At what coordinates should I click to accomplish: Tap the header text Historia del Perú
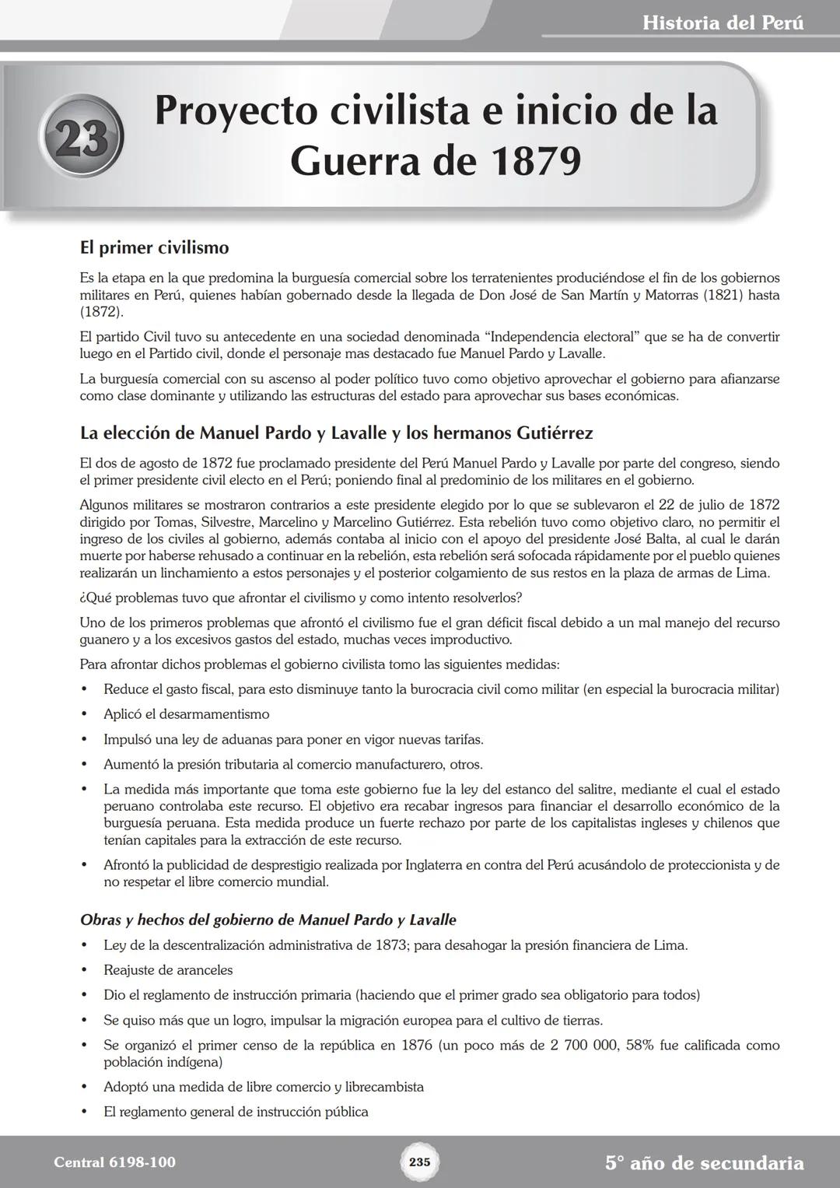[x=723, y=23]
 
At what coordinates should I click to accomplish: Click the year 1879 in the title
[x=536, y=161]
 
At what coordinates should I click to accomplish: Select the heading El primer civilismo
[x=154, y=248]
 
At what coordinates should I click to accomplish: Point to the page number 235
[x=419, y=1162]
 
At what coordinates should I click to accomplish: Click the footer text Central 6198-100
[x=114, y=1162]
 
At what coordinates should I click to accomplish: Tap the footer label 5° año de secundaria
[x=704, y=1163]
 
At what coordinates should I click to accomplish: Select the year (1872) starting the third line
[x=101, y=312]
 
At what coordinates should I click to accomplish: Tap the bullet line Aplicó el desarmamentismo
[x=187, y=714]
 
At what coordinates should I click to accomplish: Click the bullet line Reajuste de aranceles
[x=168, y=970]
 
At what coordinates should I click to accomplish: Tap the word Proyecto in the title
[x=236, y=110]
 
